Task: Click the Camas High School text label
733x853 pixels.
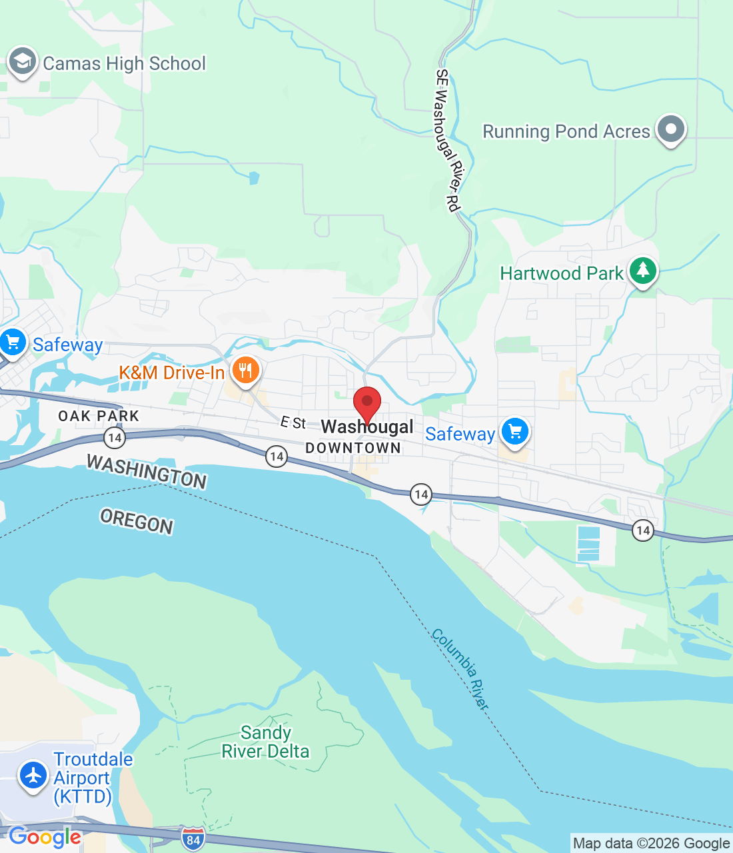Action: (x=124, y=64)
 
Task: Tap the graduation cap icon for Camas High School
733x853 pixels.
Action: (x=22, y=62)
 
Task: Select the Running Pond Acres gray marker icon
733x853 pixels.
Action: (x=670, y=129)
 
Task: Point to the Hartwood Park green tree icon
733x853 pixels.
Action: (x=642, y=271)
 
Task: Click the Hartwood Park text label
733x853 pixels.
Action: (x=561, y=273)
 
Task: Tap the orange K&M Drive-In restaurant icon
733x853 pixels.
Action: (x=245, y=370)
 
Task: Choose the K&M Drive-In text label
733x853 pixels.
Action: (x=172, y=373)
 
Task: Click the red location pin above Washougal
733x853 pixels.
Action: (x=366, y=403)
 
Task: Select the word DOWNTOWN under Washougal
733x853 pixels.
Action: (x=353, y=448)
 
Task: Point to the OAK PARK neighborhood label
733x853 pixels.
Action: (x=99, y=416)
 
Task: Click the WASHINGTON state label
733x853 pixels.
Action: (x=147, y=472)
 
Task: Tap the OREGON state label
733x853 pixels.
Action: (x=137, y=520)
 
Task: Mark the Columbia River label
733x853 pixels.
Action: (x=460, y=668)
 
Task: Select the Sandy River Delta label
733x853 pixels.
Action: (x=265, y=742)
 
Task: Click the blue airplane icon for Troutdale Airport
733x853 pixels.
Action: (x=33, y=775)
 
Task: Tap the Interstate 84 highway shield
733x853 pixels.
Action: (x=193, y=839)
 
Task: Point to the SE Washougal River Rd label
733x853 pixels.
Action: (x=448, y=140)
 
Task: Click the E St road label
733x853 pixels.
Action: (x=293, y=423)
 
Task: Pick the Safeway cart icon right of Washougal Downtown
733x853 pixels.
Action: (x=514, y=432)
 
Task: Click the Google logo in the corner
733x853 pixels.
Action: (x=45, y=836)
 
